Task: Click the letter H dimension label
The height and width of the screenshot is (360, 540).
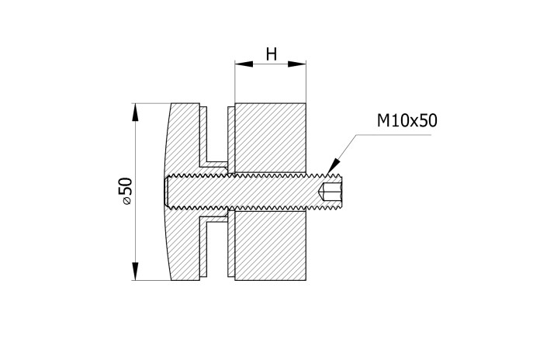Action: click(x=272, y=54)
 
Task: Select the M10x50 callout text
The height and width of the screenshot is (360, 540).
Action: click(x=407, y=120)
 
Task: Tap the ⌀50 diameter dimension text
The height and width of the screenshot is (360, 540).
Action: click(x=126, y=192)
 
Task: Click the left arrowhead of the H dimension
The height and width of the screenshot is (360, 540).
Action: click(x=244, y=64)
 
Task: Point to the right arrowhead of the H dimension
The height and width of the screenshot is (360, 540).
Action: click(x=297, y=64)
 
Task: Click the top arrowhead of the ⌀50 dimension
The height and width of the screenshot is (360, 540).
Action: click(x=135, y=112)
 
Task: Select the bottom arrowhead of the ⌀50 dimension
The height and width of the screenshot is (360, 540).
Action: click(x=135, y=271)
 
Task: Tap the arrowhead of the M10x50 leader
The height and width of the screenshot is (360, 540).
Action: click(x=334, y=166)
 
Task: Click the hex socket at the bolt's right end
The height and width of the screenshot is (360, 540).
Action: click(x=331, y=192)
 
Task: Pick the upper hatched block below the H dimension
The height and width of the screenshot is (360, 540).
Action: click(x=270, y=138)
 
